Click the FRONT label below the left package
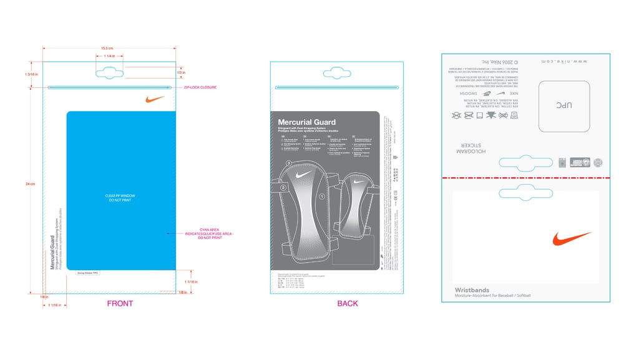point(120,304)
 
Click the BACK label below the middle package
point(348,304)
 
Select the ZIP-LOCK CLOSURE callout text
point(200,87)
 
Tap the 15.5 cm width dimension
point(107,48)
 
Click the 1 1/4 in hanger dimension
point(110,56)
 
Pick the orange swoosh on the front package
point(155,99)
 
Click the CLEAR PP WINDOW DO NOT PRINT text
point(120,198)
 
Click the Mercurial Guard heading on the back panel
point(306,122)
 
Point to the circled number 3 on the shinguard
point(289,163)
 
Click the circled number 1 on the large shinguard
point(322,196)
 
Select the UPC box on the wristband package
point(564,106)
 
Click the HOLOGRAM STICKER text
point(472,148)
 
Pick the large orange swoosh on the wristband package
point(571,238)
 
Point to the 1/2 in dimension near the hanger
point(182,72)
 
